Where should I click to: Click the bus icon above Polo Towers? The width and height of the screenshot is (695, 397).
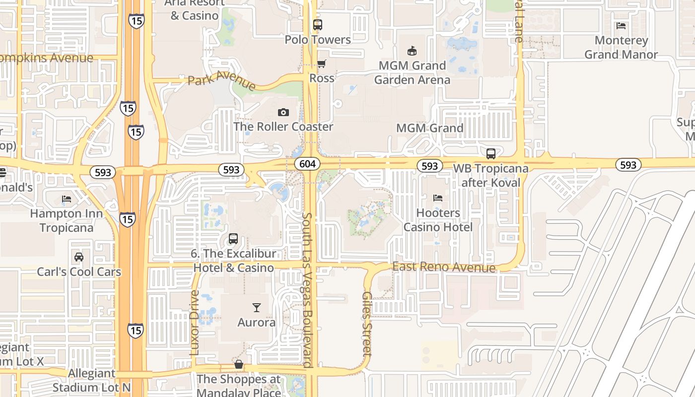[x=318, y=24]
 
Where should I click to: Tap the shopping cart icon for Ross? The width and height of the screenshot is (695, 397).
[x=322, y=64]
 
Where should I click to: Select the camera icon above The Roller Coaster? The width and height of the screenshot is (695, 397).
[x=283, y=112]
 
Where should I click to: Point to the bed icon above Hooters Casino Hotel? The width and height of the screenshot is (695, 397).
[x=438, y=198]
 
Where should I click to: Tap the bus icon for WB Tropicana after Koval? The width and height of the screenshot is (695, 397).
[x=491, y=154]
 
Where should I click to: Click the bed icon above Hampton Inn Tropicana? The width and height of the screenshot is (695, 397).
[x=67, y=199]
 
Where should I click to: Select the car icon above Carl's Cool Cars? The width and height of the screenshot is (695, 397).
[x=79, y=257]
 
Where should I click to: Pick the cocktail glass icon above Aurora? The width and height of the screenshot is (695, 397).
[x=256, y=308]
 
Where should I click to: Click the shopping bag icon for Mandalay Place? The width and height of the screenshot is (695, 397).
[x=239, y=364]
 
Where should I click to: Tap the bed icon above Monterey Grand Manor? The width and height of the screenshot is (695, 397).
[x=621, y=25]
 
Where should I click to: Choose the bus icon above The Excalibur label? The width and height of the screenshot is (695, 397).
[x=233, y=239]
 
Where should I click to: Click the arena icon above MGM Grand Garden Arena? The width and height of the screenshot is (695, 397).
[x=412, y=51]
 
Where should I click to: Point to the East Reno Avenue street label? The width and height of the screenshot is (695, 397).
[x=444, y=267]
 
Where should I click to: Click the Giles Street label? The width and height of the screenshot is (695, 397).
[x=367, y=324]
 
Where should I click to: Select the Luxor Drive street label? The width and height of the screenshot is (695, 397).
[x=194, y=323]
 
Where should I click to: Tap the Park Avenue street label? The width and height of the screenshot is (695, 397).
[x=221, y=80]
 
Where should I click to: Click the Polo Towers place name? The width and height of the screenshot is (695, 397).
[x=318, y=40]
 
